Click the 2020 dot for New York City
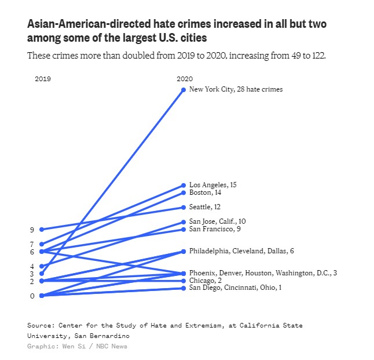(184, 90)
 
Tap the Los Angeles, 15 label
(212, 185)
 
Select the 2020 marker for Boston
(184, 192)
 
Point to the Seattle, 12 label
(204, 207)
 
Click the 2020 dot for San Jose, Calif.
(184, 222)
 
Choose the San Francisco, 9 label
(215, 229)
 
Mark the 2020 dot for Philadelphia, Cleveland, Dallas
(184, 252)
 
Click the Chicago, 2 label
(206, 281)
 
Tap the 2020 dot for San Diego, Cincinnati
(184, 288)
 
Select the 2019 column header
(42, 79)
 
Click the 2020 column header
(185, 79)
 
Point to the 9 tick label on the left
(32, 230)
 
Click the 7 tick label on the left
(32, 245)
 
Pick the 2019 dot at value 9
(41, 230)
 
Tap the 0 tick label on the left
(32, 296)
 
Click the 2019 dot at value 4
(41, 267)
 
